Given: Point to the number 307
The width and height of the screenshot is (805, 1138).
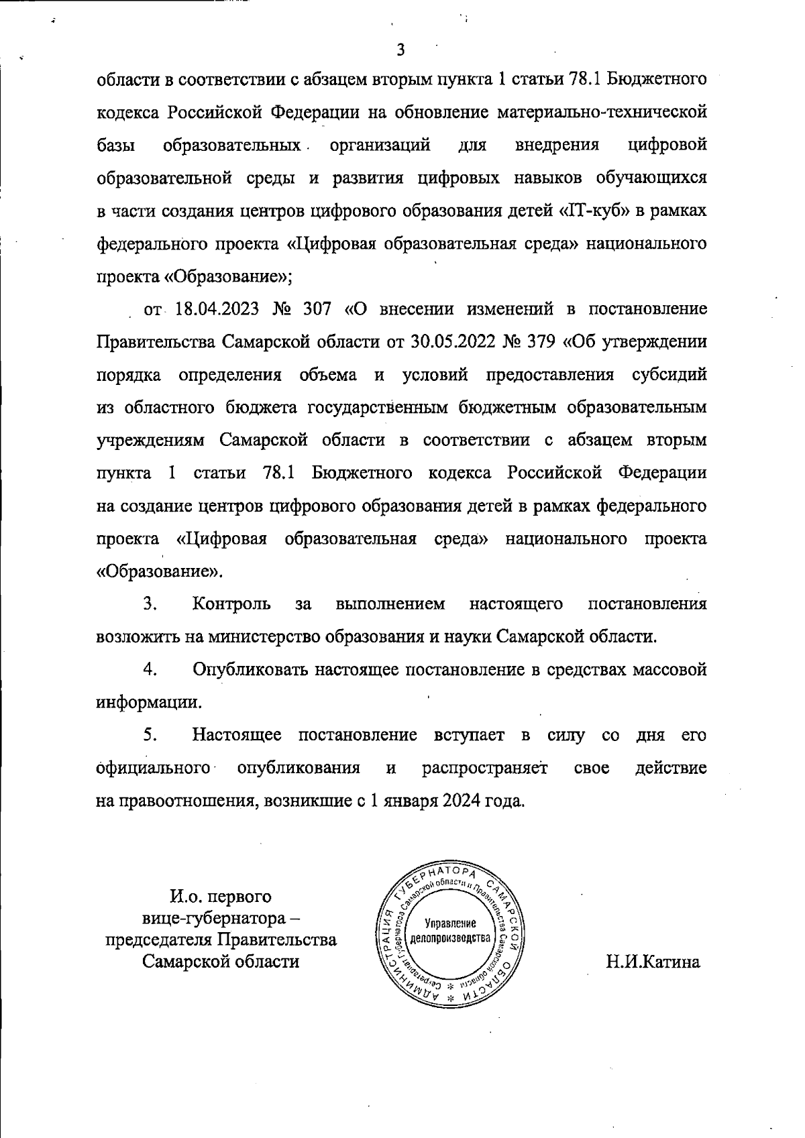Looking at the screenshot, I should point(317,309).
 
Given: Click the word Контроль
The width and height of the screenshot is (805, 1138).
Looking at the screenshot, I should point(231,604).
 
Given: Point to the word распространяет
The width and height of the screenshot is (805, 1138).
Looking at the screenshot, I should point(484,768).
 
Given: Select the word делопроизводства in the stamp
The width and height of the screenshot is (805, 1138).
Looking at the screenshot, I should point(450,937).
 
